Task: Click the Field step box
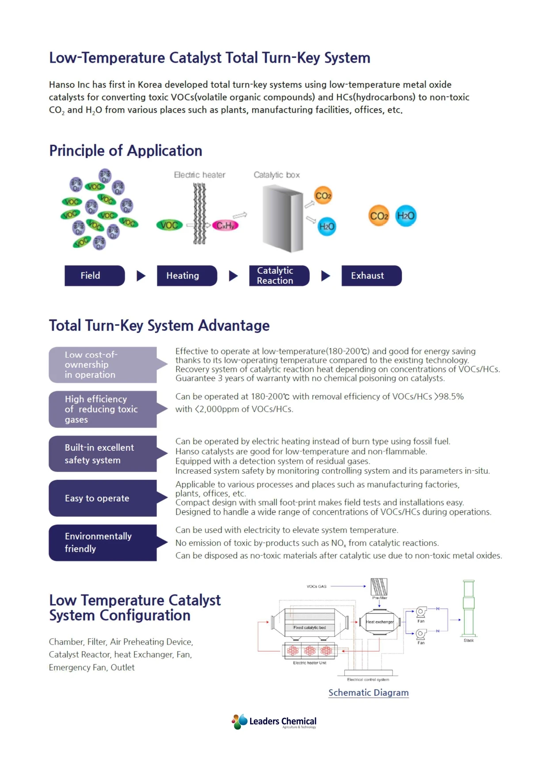(95, 276)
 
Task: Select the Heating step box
(186, 276)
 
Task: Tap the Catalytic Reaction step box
(279, 276)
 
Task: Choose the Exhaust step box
(371, 276)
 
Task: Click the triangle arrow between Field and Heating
(141, 276)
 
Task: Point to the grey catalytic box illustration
(283, 218)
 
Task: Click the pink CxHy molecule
(225, 226)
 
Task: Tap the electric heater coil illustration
(199, 214)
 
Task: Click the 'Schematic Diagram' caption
(369, 693)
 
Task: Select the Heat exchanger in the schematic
(380, 622)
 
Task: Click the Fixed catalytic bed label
(309, 627)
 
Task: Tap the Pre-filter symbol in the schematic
(379, 587)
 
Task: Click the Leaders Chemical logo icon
(240, 721)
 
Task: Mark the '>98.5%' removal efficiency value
(449, 396)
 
